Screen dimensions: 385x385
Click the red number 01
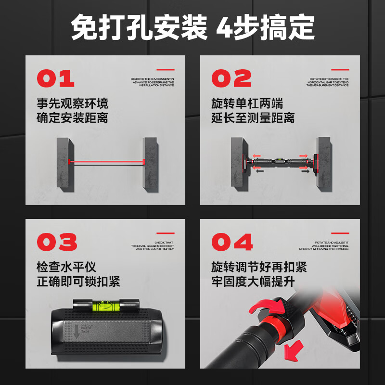click(x=56, y=78)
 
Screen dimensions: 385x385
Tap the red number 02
click(x=231, y=78)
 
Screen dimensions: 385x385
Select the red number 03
click(x=56, y=242)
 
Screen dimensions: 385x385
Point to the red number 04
click(x=232, y=242)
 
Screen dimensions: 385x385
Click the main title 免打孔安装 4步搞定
click(x=192, y=27)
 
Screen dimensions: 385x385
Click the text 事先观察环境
click(x=72, y=103)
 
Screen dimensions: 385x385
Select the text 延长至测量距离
click(x=253, y=118)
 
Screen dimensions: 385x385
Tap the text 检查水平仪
click(x=66, y=267)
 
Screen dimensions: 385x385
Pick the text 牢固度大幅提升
click(x=253, y=282)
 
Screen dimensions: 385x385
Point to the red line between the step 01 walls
click(x=108, y=161)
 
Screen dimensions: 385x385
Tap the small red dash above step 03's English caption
click(x=166, y=233)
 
